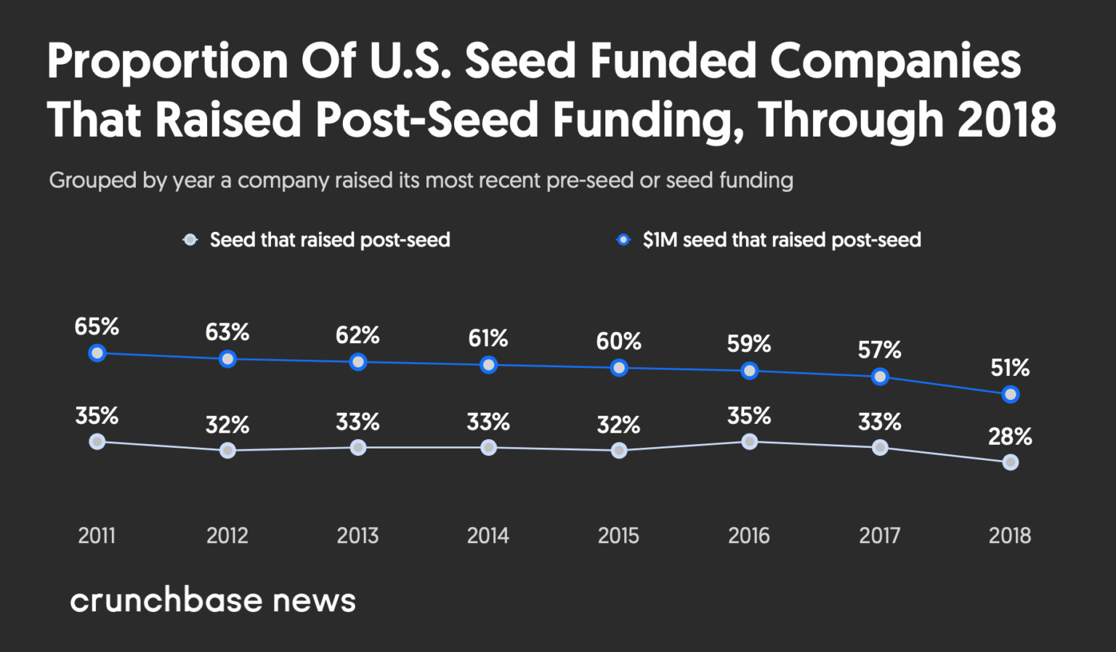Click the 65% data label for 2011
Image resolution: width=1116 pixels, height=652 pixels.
97,327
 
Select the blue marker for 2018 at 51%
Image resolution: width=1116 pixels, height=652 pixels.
1010,395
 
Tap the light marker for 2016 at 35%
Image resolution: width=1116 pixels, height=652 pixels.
749,441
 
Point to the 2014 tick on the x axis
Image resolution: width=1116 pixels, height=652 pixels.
488,536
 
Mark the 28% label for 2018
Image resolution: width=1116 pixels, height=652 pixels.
1010,437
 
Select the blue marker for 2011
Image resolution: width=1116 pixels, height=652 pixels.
97,353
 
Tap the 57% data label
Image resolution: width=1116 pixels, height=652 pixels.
879,350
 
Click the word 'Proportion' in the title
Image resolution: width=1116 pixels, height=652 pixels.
168,61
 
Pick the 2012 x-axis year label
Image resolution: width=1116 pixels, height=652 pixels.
227,536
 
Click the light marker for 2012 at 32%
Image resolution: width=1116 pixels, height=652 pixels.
227,451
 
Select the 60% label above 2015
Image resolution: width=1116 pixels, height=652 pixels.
618,342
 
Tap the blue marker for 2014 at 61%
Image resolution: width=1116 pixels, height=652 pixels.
488,365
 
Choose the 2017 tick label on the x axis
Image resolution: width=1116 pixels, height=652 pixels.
879,536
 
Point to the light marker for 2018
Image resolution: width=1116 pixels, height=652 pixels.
1010,462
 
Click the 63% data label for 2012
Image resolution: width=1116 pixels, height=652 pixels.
227,332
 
